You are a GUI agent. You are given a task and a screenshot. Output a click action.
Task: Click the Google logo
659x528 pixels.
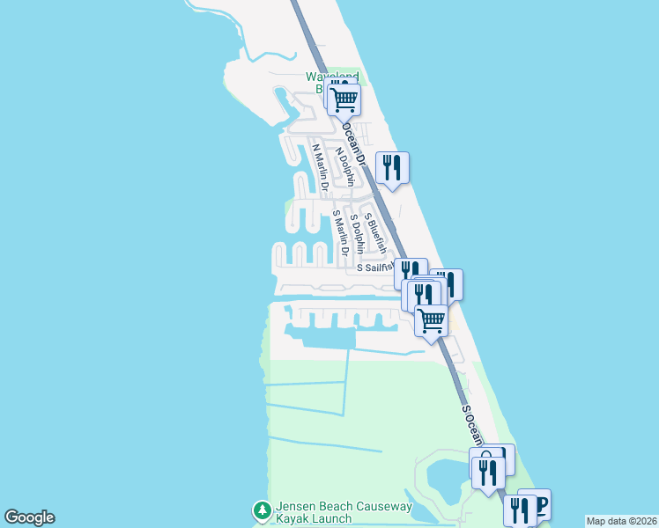click(29, 517)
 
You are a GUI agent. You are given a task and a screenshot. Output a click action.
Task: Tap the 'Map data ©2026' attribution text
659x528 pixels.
click(621, 521)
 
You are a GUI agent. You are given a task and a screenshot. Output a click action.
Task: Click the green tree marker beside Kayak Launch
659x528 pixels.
click(262, 510)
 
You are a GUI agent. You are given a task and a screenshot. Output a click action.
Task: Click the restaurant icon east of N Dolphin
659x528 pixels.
click(393, 166)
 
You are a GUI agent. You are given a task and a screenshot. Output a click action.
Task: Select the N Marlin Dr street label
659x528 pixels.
click(320, 166)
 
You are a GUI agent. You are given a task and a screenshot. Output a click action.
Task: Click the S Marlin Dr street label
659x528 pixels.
click(337, 233)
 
